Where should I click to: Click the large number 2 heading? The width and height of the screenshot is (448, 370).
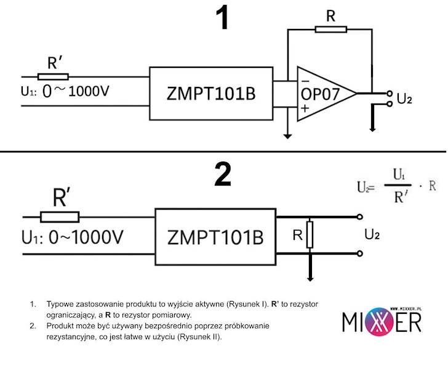222,175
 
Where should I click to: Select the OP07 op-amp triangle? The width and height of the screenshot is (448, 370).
323,93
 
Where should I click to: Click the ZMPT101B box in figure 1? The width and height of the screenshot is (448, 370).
211,94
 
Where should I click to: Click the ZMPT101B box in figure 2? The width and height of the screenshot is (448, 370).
215,236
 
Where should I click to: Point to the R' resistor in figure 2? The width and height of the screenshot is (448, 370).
60,216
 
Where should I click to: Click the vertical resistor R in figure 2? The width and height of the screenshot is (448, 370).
310,235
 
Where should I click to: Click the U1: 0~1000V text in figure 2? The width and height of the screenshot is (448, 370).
72,237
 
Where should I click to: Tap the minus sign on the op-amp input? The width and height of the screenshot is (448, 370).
304,81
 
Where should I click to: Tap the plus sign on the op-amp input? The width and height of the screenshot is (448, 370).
304,107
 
